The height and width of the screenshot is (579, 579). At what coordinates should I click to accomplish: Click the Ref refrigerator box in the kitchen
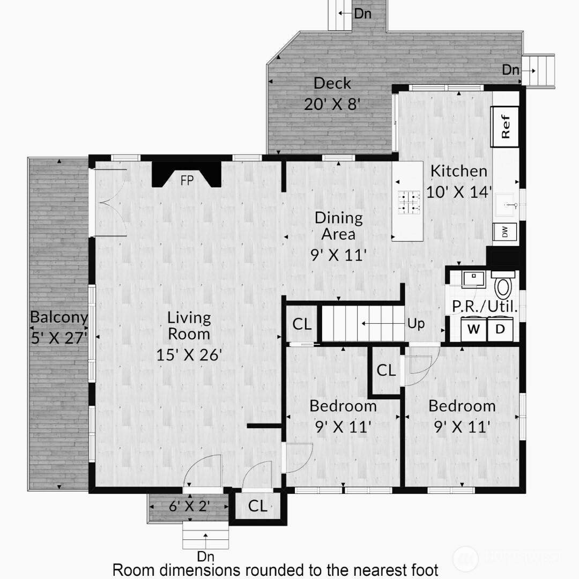click(x=505, y=127)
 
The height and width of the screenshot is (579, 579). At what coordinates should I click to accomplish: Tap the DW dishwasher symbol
click(x=504, y=232)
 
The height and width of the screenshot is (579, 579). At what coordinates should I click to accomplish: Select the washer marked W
click(x=473, y=329)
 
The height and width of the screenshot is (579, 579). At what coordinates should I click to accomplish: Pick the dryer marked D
click(x=500, y=329)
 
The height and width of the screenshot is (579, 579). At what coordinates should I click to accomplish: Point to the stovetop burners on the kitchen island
click(x=407, y=202)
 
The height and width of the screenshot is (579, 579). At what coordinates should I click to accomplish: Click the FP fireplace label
click(x=187, y=181)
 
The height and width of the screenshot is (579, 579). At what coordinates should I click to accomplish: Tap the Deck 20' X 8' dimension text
click(x=332, y=103)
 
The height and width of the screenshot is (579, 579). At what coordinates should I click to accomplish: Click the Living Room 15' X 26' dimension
click(x=189, y=354)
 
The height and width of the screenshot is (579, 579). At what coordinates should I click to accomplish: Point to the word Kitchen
click(x=459, y=171)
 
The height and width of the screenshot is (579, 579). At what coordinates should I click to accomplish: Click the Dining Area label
click(x=338, y=226)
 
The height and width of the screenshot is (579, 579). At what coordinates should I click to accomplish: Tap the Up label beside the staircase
click(x=416, y=324)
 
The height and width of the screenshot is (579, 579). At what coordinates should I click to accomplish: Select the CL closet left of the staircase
click(x=302, y=324)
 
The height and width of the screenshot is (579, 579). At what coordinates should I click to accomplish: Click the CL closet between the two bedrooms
click(x=386, y=370)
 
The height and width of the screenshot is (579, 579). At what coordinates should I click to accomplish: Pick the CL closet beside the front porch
click(x=258, y=506)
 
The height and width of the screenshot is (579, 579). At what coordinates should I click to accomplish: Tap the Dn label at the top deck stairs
click(x=363, y=14)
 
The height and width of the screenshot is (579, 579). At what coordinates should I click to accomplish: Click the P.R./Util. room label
click(x=485, y=307)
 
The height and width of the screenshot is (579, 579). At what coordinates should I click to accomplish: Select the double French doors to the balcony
click(x=110, y=202)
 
